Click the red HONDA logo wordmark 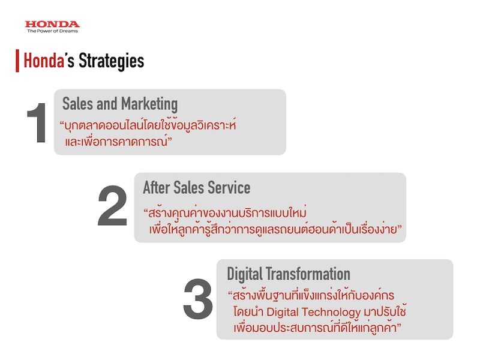[52, 24]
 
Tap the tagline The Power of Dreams [52, 31]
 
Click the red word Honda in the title [44, 61]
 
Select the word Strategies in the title [112, 61]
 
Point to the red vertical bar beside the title [17, 61]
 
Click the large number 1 [37, 123]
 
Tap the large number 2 [112, 205]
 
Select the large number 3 [198, 299]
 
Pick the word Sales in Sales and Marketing [77, 103]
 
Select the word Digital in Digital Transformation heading [245, 274]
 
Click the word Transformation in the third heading [308, 274]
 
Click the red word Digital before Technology [283, 312]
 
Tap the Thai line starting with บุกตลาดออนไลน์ [148, 125]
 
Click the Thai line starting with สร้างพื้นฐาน [311, 295]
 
